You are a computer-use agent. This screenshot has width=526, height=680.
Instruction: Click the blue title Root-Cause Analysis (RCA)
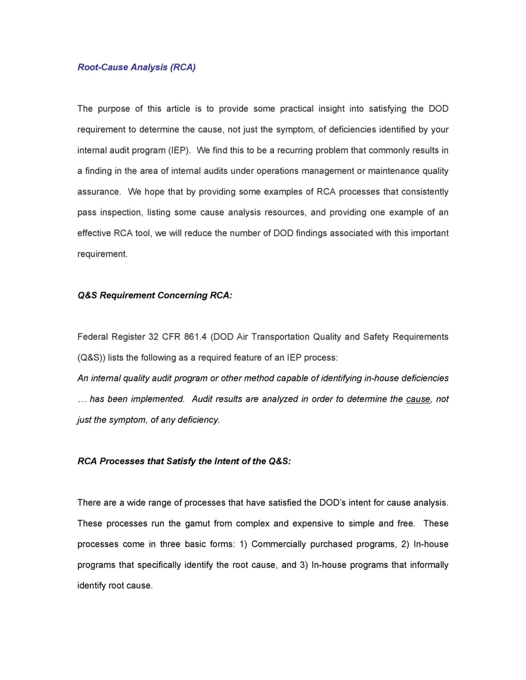(x=136, y=67)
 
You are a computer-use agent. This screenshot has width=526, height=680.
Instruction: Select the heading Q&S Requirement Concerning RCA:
(x=155, y=295)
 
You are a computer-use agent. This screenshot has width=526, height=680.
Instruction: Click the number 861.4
(x=195, y=337)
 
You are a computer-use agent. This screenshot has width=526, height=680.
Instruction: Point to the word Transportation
(x=280, y=337)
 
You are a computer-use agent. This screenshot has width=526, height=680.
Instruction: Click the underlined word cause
(x=418, y=399)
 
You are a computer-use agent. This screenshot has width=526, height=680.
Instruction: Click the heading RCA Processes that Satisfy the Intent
(x=184, y=461)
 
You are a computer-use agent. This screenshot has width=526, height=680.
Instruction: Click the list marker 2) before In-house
(x=405, y=544)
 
